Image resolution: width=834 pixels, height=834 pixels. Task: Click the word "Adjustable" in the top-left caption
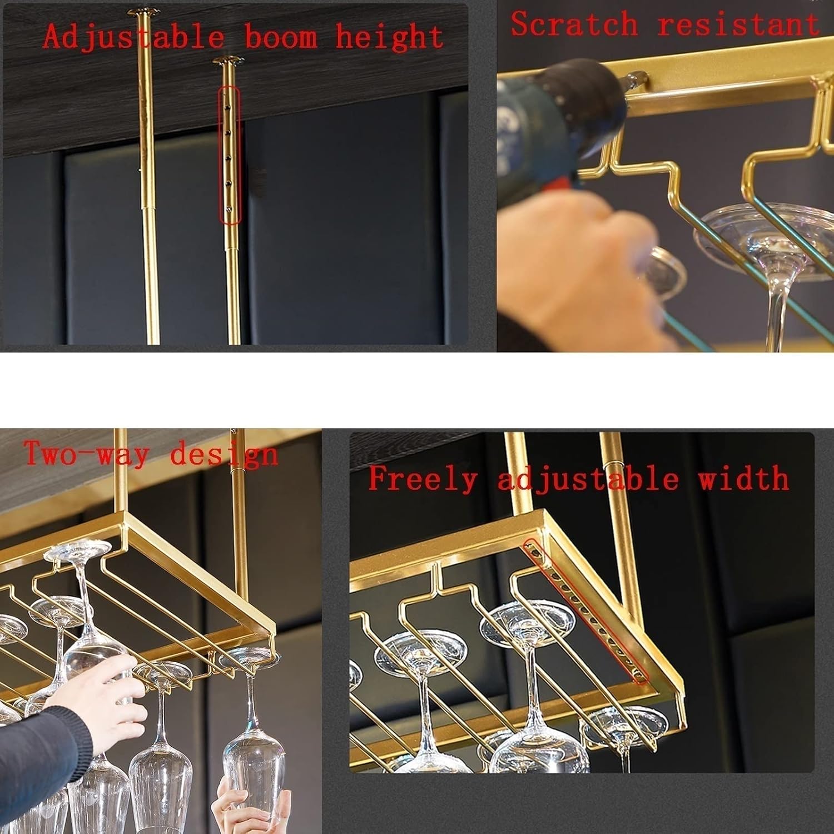[x=133, y=38]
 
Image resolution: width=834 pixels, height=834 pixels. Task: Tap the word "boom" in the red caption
[x=281, y=38]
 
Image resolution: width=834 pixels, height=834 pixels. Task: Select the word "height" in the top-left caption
[x=389, y=38]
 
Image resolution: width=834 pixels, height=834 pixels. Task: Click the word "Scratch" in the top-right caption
[x=574, y=25]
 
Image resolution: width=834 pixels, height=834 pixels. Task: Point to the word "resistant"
[x=738, y=25]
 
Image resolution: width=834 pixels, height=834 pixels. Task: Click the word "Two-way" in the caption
[x=86, y=454]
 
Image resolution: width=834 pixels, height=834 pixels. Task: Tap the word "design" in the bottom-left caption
[x=224, y=455]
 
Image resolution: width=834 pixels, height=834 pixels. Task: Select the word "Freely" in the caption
[x=423, y=479]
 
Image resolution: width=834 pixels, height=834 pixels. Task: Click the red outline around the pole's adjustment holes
[x=229, y=156]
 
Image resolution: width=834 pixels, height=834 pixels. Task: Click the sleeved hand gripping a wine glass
[x=95, y=706]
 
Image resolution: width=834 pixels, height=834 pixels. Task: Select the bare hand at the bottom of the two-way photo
[x=245, y=806]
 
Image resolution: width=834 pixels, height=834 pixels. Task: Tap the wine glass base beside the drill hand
[x=664, y=272]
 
